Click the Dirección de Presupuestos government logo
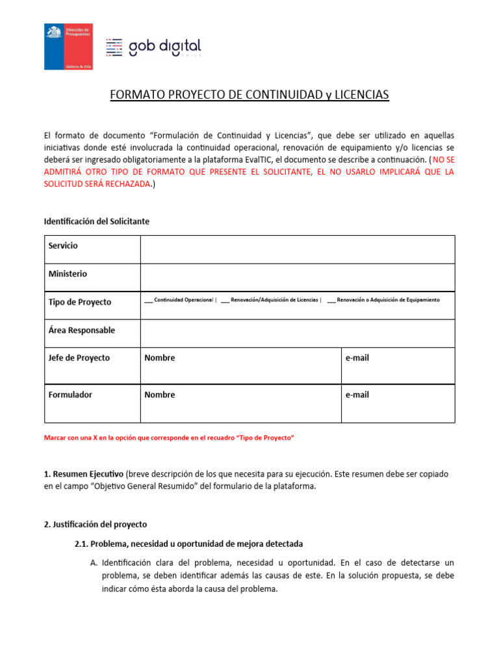[68, 46]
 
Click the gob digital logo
[153, 47]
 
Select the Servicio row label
[63, 245]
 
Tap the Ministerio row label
[68, 273]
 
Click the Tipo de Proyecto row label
[80, 302]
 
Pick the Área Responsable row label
[82, 330]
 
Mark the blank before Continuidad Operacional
[149, 300]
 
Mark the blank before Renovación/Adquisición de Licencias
[225, 300]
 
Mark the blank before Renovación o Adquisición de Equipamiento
[331, 300]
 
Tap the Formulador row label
[71, 394]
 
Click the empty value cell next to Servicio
[297, 249]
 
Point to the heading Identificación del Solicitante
[96, 221]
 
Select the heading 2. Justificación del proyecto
[96, 524]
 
